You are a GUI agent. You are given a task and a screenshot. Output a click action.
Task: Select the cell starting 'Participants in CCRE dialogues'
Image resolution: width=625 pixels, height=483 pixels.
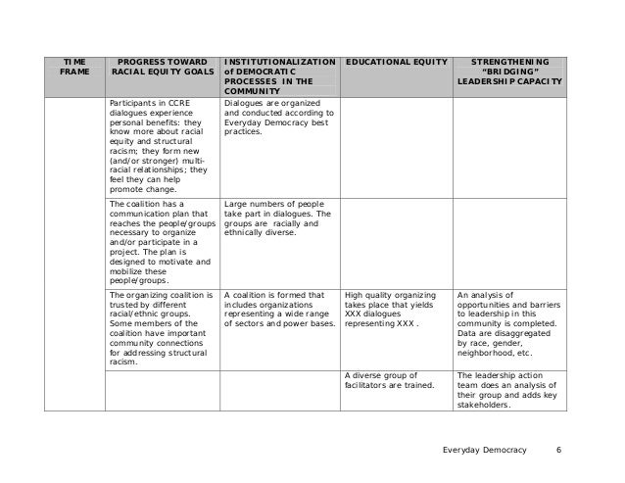(x=162, y=146)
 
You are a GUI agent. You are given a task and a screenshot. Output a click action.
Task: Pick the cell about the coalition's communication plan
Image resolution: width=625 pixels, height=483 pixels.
(x=162, y=241)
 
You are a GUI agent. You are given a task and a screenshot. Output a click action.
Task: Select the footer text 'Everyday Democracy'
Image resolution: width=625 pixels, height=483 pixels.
(x=484, y=450)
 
